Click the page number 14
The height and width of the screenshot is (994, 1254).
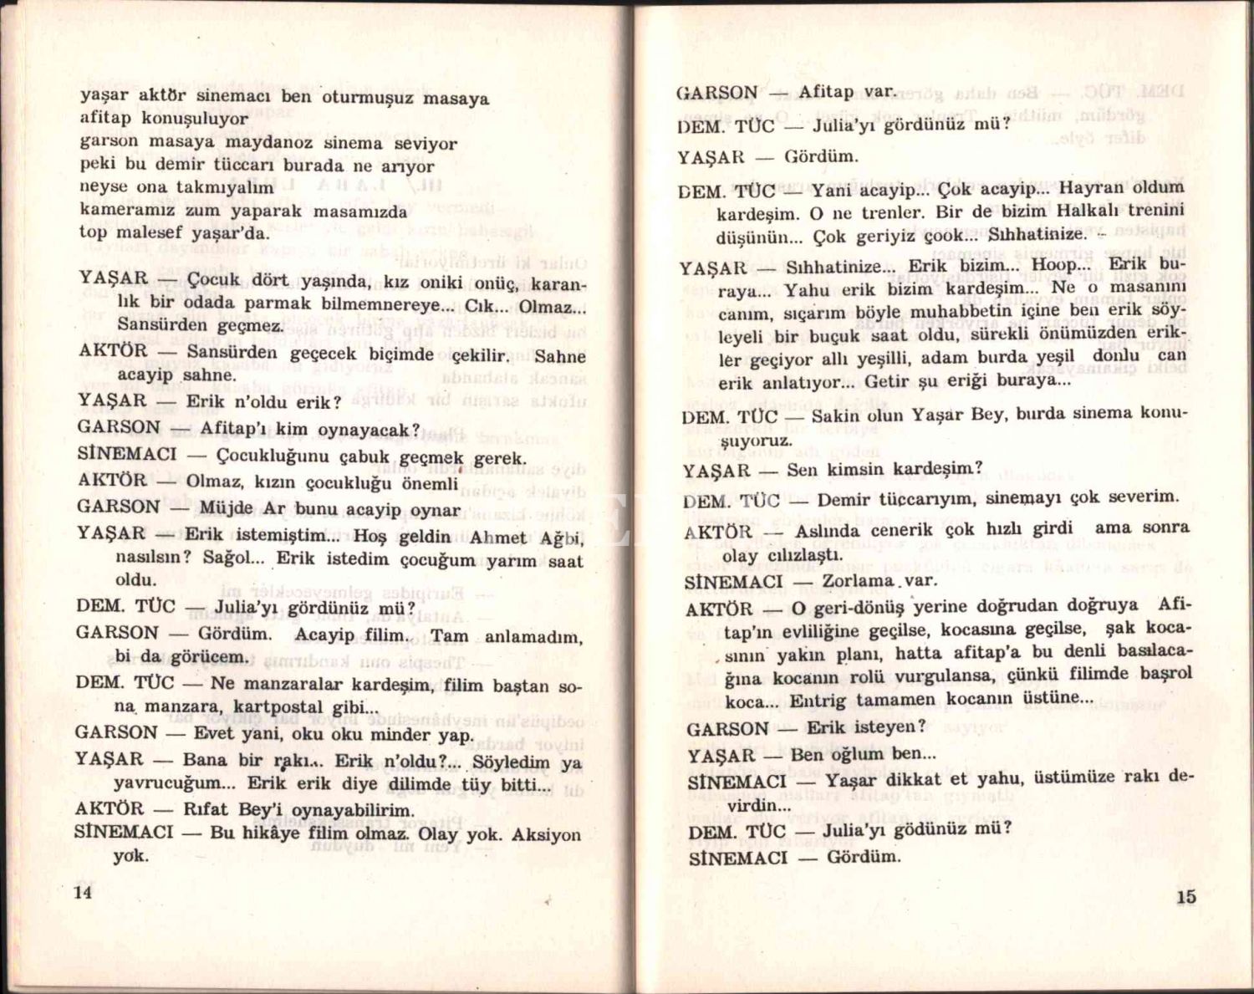pyautogui.click(x=82, y=891)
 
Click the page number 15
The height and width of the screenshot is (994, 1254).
pyautogui.click(x=1185, y=896)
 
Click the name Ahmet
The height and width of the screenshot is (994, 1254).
pyautogui.click(x=498, y=538)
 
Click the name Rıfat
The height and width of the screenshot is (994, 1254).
pyautogui.click(x=206, y=809)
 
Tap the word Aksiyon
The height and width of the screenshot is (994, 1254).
pyautogui.click(x=546, y=834)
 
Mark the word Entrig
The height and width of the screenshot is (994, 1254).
pyautogui.click(x=818, y=701)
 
